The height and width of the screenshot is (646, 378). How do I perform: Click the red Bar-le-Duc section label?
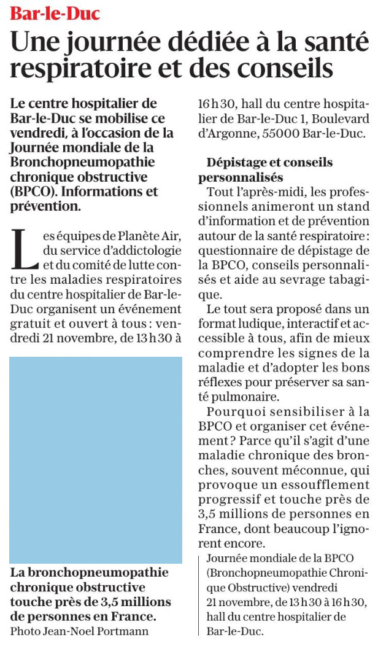[55, 14]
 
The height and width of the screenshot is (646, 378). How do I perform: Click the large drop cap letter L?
[24, 249]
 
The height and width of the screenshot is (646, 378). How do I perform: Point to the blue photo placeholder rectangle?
[96, 460]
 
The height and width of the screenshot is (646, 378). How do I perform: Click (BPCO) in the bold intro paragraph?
[34, 192]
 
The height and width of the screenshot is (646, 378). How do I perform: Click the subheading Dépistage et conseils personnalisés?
[265, 170]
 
